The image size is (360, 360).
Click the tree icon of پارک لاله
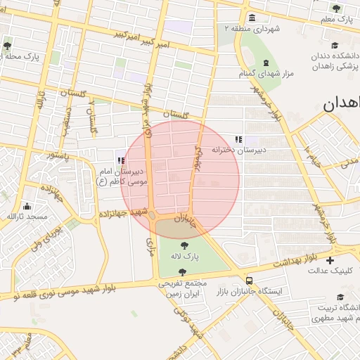[184, 245]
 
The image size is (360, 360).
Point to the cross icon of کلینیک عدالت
[330, 260]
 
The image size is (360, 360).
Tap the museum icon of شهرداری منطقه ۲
[252, 18]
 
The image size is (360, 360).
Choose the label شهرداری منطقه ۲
[252, 29]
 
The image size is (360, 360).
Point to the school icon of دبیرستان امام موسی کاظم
[121, 160]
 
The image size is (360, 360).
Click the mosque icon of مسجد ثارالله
[27, 206]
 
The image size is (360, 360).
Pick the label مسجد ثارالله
[26, 217]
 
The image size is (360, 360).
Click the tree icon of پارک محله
[7, 45]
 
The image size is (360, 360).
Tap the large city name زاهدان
[342, 104]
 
